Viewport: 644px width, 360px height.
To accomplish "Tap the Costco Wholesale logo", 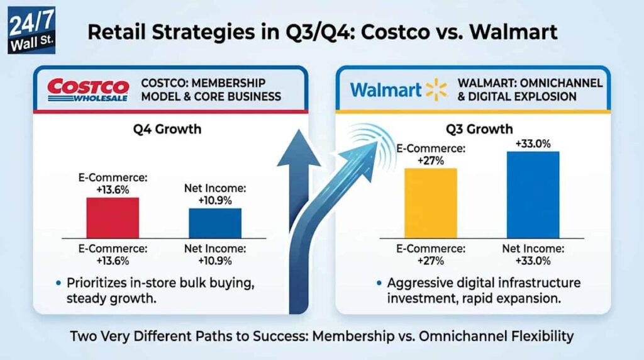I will pos(88,89).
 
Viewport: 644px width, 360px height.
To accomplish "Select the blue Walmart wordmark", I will pos(386,90).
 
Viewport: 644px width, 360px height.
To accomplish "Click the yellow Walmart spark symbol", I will pos(436,89).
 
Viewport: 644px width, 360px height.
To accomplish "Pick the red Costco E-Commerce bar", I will pos(113,217).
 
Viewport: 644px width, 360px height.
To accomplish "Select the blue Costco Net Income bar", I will pos(215,223).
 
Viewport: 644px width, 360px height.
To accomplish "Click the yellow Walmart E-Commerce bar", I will pos(430,203).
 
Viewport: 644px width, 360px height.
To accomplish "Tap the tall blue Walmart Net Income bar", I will pos(533,194).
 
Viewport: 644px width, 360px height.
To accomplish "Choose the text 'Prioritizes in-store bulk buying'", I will pos(160,283).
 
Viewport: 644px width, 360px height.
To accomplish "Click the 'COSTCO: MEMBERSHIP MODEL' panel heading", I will pos(211,89).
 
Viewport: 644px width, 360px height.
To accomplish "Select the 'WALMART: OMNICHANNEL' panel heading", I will pos(530,89).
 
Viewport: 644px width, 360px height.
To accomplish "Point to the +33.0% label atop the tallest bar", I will pos(533,143).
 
